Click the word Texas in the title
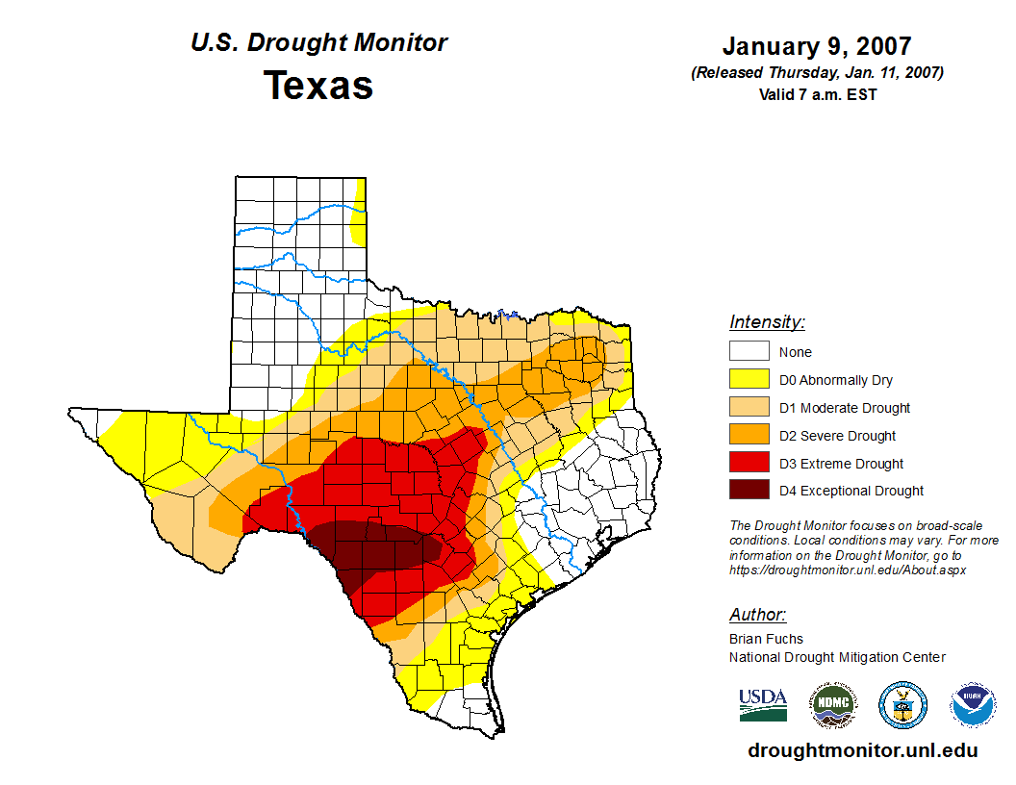[x=318, y=85]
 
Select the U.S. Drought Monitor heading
[x=318, y=42]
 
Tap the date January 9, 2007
[x=817, y=46]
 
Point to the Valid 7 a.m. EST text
[x=817, y=93]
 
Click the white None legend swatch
[x=749, y=352]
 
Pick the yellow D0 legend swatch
[x=749, y=380]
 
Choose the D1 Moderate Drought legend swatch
[x=749, y=408]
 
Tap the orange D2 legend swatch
[x=749, y=436]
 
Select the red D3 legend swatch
[x=749, y=464]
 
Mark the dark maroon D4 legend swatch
[x=749, y=491]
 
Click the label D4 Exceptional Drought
[x=851, y=491]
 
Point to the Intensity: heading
[x=767, y=322]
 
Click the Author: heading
[x=757, y=615]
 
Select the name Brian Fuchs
[x=766, y=639]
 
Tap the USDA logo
[x=763, y=705]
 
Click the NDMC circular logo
[x=832, y=705]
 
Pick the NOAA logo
[x=973, y=705]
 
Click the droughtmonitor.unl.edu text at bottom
[x=863, y=751]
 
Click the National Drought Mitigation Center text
[x=837, y=657]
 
